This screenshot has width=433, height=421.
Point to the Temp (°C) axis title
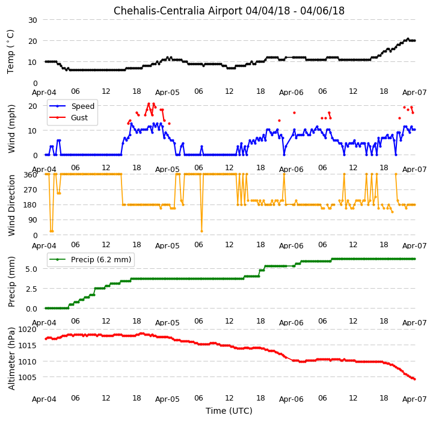(10, 52)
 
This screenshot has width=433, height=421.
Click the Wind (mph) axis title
(11, 129)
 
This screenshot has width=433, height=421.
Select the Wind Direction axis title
(11, 205)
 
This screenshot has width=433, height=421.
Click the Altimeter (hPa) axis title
(11, 358)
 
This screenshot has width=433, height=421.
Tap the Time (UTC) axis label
(229, 411)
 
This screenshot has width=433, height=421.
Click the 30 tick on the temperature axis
(32, 20)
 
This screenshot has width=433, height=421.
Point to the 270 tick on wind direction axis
(31, 190)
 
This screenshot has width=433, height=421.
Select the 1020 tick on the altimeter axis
(27, 330)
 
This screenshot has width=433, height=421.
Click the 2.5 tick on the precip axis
(31, 289)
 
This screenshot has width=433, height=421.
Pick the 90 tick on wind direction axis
(33, 220)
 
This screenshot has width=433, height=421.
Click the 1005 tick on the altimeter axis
(27, 377)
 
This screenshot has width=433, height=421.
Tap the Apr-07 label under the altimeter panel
(414, 399)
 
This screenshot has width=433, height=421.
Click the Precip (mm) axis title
(11, 282)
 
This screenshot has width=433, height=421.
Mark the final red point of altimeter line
(415, 379)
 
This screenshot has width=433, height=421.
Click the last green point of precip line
(415, 259)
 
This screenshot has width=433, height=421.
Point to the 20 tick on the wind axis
(32, 106)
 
